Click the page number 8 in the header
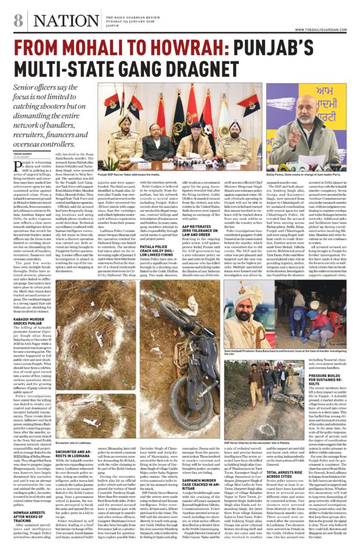point(18,21)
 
